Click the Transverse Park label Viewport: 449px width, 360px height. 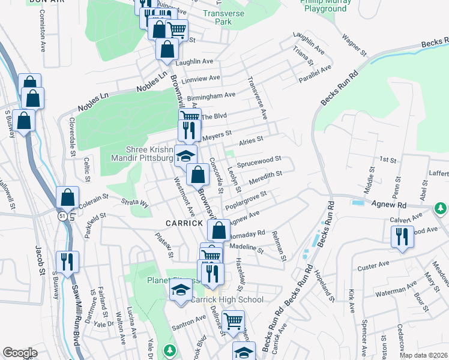coord(217,17)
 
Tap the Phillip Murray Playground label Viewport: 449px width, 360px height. coord(325,5)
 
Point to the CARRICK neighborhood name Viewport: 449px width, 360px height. coord(184,223)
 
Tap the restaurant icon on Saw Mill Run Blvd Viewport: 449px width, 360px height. coord(67,262)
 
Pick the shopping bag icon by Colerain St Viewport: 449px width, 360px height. coord(68,197)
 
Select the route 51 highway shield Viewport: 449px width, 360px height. coord(62,215)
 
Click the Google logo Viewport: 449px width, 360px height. coord(20,353)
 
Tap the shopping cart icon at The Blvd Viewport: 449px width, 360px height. coord(190,117)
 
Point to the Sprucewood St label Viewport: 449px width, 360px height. coord(259,160)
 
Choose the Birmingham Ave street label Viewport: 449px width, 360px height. coord(211,95)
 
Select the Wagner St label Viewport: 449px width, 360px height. coord(354,46)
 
